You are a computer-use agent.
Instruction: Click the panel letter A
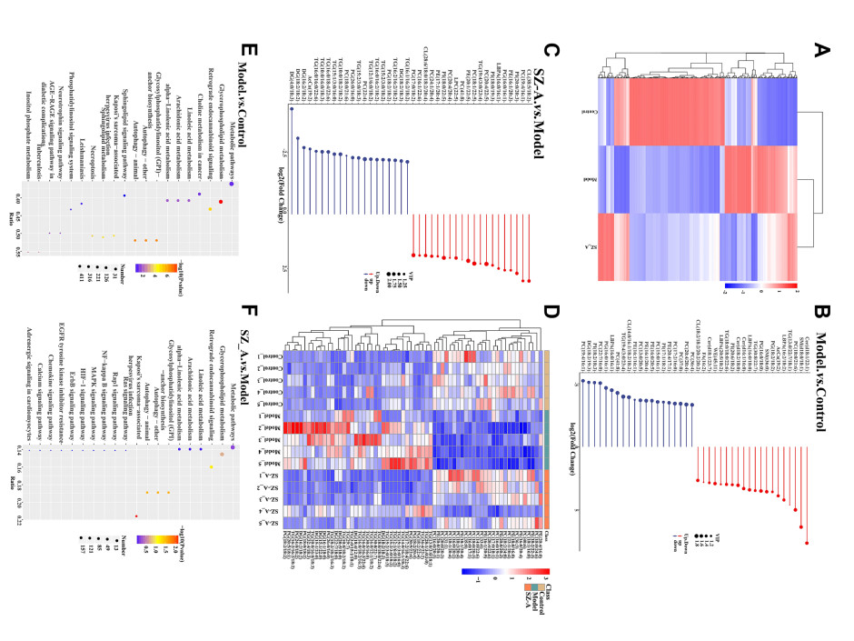[821, 47]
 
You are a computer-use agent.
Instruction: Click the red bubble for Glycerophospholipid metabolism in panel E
[221, 201]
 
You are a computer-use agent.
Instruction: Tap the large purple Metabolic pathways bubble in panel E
[233, 183]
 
